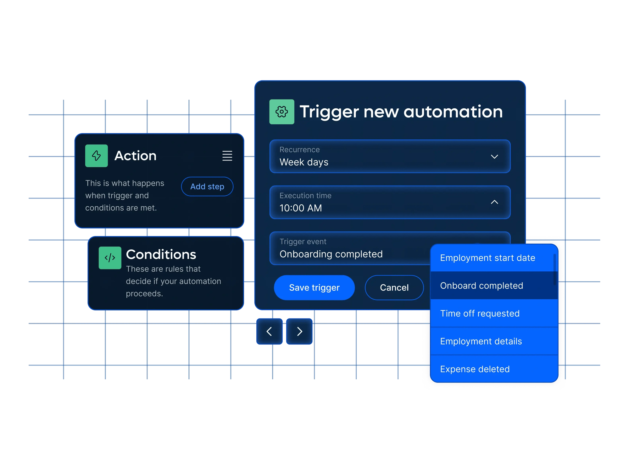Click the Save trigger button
[314, 288]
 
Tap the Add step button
[207, 187]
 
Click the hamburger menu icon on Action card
[227, 156]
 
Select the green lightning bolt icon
[97, 156]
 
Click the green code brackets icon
[110, 258]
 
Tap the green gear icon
[282, 112]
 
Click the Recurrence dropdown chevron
[494, 157]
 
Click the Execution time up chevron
[494, 202]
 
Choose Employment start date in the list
[487, 258]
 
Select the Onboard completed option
[481, 286]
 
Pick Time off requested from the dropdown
[480, 313]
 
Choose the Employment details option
[481, 341]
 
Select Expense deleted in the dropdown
[475, 369]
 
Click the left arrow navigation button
[270, 331]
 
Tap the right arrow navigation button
[299, 331]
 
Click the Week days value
[304, 162]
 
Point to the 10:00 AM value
[301, 208]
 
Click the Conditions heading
[161, 254]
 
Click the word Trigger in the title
[329, 112]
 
